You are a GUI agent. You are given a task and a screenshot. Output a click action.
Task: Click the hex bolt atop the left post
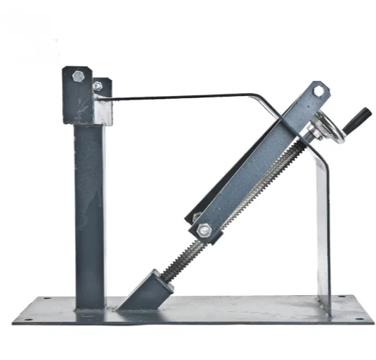coord(79,74)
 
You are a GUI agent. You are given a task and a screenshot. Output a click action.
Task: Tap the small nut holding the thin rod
coord(97,86)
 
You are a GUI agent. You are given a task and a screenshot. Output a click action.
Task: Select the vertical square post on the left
coord(89,209)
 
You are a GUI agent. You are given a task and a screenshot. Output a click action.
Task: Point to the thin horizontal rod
coord(180,95)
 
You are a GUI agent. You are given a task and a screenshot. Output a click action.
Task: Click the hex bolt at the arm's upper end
coord(319,91)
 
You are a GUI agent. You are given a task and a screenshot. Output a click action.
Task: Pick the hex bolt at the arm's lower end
coord(204,230)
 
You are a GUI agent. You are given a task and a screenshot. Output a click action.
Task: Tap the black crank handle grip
coord(359,115)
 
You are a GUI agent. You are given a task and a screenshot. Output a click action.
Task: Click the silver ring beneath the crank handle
coord(327,132)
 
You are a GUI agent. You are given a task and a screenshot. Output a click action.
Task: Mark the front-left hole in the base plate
coord(28,317)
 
